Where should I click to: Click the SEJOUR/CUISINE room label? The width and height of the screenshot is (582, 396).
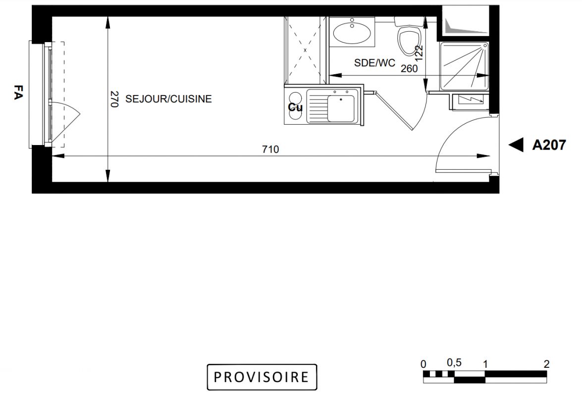(x=168, y=99)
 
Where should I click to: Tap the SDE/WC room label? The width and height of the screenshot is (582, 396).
(x=374, y=63)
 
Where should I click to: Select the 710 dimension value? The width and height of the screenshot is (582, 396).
(x=270, y=149)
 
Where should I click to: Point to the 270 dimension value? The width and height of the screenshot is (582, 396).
(x=114, y=99)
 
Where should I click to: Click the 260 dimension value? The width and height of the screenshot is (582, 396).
(x=409, y=69)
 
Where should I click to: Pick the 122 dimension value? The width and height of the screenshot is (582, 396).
(x=419, y=53)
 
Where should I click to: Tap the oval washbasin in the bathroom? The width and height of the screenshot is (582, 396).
(x=352, y=33)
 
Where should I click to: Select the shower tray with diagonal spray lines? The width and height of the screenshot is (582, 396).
(x=464, y=66)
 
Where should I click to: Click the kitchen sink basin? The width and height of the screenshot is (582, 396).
(x=341, y=108)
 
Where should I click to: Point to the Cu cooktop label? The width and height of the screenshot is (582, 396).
(x=295, y=107)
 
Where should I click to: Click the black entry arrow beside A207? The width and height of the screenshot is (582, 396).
(x=516, y=145)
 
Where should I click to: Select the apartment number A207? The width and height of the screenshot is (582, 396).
(x=549, y=145)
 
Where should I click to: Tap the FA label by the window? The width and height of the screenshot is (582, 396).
(x=18, y=92)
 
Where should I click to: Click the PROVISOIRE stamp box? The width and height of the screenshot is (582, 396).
(x=262, y=377)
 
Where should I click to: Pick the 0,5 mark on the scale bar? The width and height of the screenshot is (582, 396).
(x=454, y=363)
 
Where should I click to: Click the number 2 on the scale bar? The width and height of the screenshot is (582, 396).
(x=546, y=364)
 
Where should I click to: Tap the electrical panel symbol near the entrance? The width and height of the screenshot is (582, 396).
(x=471, y=100)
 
